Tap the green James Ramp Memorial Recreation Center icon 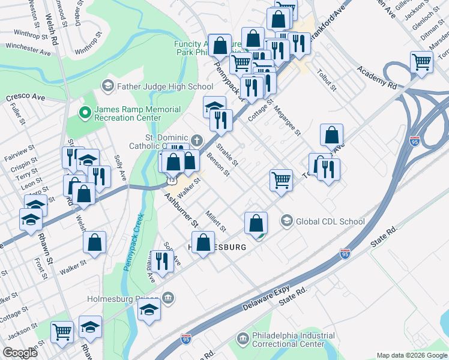point(85,112)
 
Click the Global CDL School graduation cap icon point(287,221)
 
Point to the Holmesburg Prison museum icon point(168,298)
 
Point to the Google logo point(19,353)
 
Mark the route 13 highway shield point(172,179)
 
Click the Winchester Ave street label point(28,49)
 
